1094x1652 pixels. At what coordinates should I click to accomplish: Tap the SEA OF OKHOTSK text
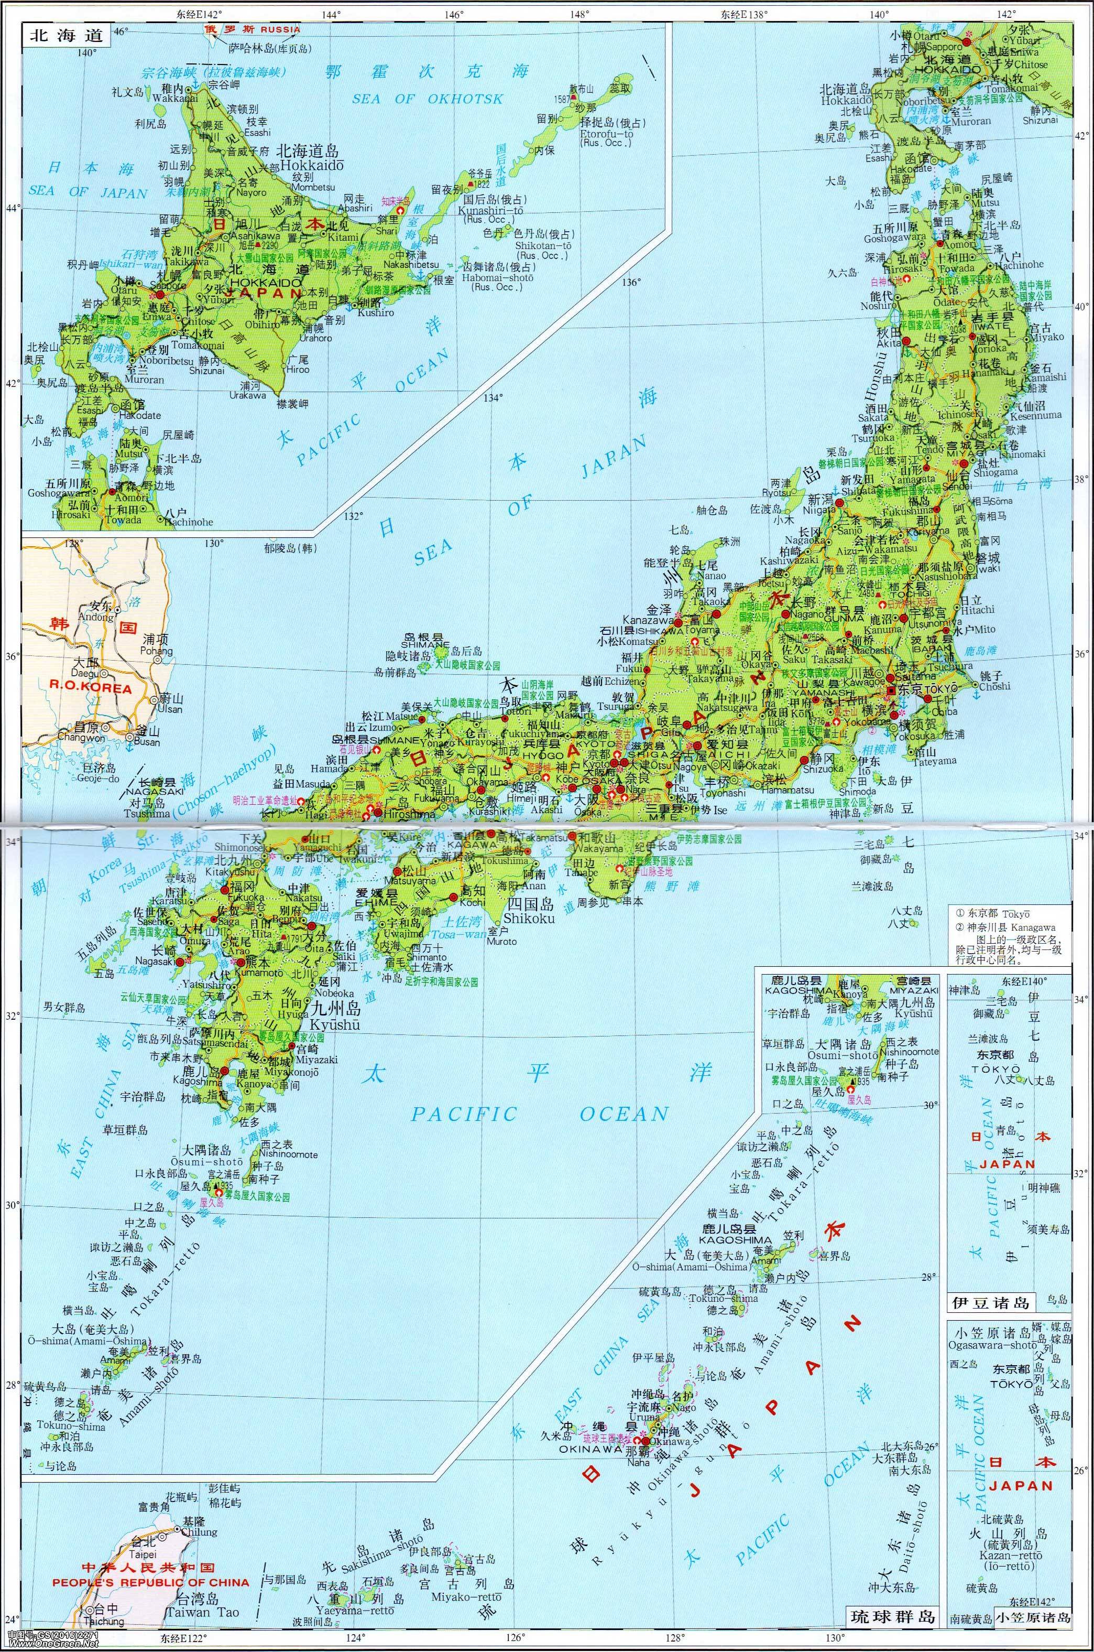tap(426, 99)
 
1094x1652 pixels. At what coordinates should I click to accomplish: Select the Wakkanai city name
tap(166, 99)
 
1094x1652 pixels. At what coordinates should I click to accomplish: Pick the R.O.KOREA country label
tap(91, 688)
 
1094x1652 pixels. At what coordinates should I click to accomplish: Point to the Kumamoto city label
tap(261, 973)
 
